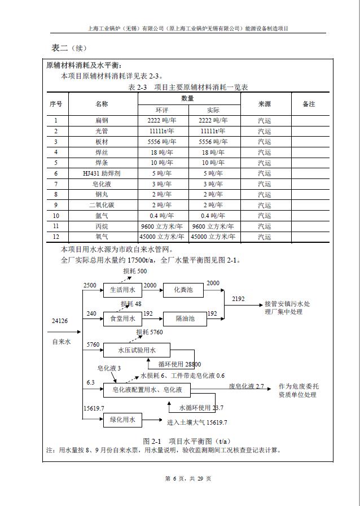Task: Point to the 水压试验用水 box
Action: click(x=137, y=351)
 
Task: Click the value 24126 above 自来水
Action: click(x=59, y=321)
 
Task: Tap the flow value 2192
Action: click(x=239, y=299)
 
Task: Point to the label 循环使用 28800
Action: click(x=179, y=364)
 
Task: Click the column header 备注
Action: click(x=309, y=104)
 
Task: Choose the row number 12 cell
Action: click(x=56, y=237)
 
